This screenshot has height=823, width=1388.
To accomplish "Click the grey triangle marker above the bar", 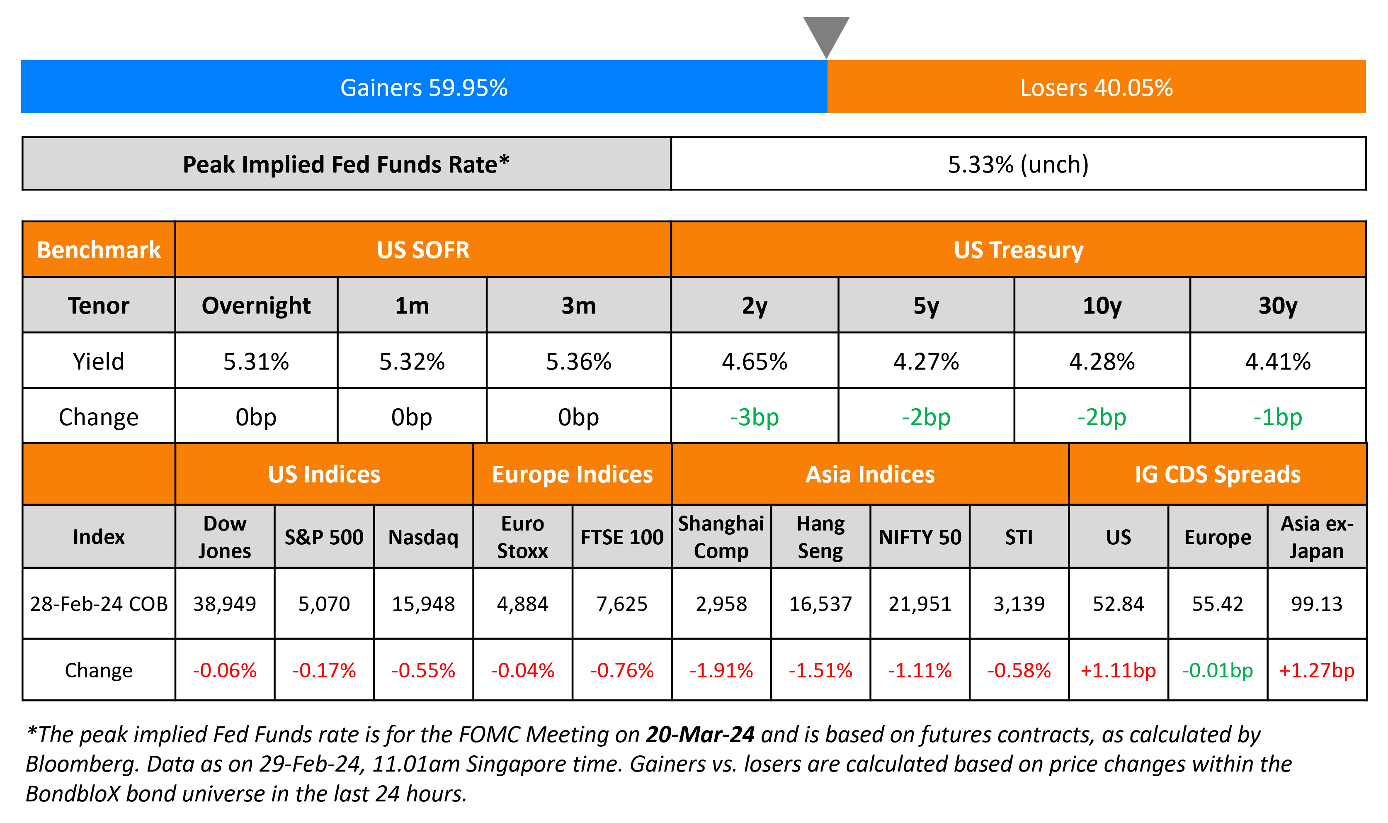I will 826,33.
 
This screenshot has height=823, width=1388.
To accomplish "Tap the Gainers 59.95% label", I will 424,88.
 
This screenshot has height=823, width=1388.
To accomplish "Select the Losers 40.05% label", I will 1097,88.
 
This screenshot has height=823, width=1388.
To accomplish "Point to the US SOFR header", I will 423,250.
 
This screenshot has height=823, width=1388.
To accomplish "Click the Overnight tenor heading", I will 256,306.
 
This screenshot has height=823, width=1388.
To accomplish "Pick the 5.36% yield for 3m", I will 578,362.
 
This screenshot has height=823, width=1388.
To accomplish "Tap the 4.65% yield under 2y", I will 754,362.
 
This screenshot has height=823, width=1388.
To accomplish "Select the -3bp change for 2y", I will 754,417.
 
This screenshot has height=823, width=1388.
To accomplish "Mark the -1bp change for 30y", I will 1278,417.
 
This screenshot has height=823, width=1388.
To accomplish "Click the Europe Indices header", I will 573,475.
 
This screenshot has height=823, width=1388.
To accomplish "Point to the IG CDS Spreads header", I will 1217,475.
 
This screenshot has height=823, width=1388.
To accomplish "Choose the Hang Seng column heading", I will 820,537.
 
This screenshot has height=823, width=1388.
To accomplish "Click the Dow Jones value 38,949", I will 224,604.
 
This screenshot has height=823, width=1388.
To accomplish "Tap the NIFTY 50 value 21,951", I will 920,604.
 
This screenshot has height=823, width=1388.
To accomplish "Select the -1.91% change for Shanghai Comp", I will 721,670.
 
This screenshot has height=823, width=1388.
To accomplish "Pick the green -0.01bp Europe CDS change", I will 1217,670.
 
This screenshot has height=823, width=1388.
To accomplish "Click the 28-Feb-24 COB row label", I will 99,604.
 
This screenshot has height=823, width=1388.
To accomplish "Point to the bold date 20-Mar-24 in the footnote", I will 700,734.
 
